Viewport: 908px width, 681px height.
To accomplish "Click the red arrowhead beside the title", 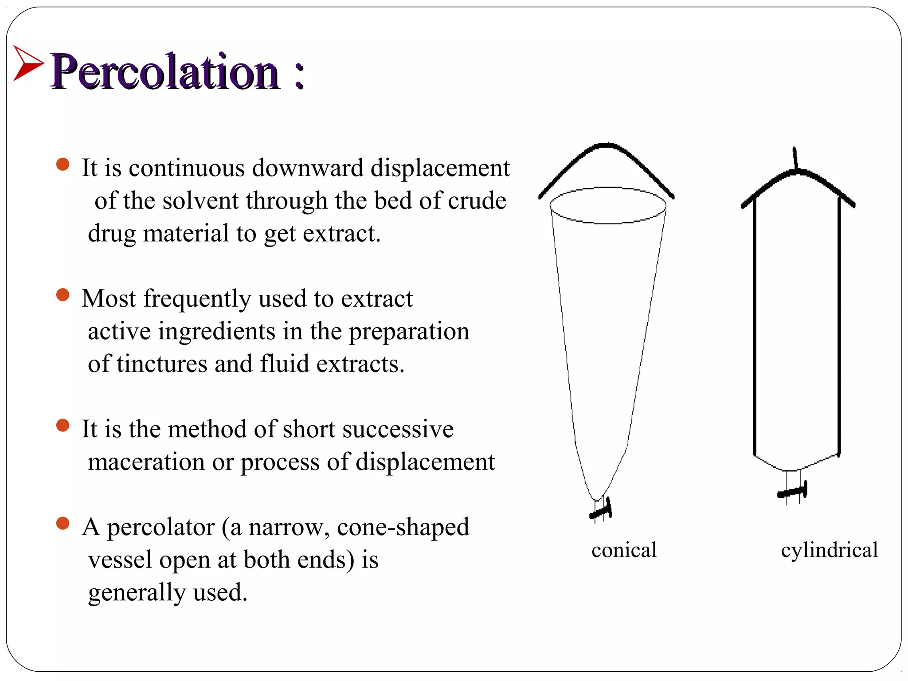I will (x=27, y=64).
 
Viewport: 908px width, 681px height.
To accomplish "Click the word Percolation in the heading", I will (x=164, y=72).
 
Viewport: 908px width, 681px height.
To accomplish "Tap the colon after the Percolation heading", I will (x=299, y=75).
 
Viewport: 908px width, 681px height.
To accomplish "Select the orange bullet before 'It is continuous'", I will (x=63, y=164).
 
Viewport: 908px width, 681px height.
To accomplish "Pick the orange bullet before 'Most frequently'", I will (x=63, y=295).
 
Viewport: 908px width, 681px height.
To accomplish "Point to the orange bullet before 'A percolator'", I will (x=63, y=524).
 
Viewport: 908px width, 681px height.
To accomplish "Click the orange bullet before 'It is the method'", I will (x=63, y=426).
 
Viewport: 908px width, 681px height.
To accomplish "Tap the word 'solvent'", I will (x=200, y=201).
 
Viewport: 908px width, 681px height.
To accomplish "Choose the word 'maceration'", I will (x=146, y=462).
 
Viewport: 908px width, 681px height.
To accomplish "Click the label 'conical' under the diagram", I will (x=624, y=550).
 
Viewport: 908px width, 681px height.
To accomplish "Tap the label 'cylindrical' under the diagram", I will (x=829, y=550).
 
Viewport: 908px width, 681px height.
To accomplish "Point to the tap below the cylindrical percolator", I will (x=793, y=491).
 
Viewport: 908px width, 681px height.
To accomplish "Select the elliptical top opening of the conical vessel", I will (x=608, y=205).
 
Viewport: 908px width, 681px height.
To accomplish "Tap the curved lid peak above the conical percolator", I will (x=606, y=146).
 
